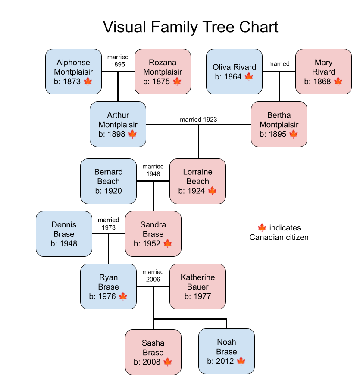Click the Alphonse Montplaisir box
[x=73, y=72]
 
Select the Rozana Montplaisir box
[x=163, y=72]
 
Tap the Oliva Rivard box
[x=234, y=72]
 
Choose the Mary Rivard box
[x=323, y=72]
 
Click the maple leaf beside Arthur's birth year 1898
[x=132, y=134]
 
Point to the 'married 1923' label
[x=199, y=120]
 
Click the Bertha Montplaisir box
[x=279, y=124]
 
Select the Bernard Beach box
[x=108, y=181]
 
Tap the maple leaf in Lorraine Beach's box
[x=212, y=191]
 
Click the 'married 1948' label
[x=153, y=170]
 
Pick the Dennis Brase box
[x=64, y=234]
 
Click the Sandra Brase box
[x=153, y=234]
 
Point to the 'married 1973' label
[x=109, y=224]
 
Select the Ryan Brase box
[x=108, y=287]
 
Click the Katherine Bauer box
[x=197, y=287]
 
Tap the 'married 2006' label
[x=153, y=276]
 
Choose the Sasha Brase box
[x=153, y=352]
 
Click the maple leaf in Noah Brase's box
[x=241, y=361]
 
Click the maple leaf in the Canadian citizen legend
[x=261, y=227]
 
